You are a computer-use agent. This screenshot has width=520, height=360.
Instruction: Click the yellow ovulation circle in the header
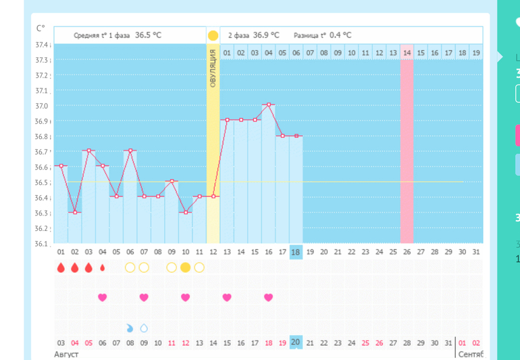213,35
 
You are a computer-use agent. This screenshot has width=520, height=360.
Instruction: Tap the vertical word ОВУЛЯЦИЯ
213,68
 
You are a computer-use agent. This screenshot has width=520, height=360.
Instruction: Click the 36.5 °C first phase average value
148,35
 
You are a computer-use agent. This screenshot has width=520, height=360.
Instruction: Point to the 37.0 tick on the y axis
42,106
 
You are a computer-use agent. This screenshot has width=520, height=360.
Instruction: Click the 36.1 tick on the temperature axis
42,244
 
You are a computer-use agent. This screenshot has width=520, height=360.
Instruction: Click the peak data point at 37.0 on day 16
268,105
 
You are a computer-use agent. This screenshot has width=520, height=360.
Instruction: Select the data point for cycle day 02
74,212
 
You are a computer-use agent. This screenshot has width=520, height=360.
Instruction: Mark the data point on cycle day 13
227,120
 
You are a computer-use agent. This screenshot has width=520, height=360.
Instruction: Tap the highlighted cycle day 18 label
296,252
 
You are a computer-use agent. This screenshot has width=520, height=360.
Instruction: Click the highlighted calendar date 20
296,342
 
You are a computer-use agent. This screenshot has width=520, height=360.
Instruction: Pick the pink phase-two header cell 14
407,53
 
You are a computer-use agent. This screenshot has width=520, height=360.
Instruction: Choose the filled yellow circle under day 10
185,267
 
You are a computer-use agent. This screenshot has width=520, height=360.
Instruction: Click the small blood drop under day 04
102,267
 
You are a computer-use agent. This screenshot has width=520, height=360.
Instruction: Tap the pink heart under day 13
227,297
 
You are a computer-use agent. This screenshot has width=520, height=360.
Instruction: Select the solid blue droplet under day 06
130,328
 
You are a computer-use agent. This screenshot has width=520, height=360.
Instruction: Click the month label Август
66,354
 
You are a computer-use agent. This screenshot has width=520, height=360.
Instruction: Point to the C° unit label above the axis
41,28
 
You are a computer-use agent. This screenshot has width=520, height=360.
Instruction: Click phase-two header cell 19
476,53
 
